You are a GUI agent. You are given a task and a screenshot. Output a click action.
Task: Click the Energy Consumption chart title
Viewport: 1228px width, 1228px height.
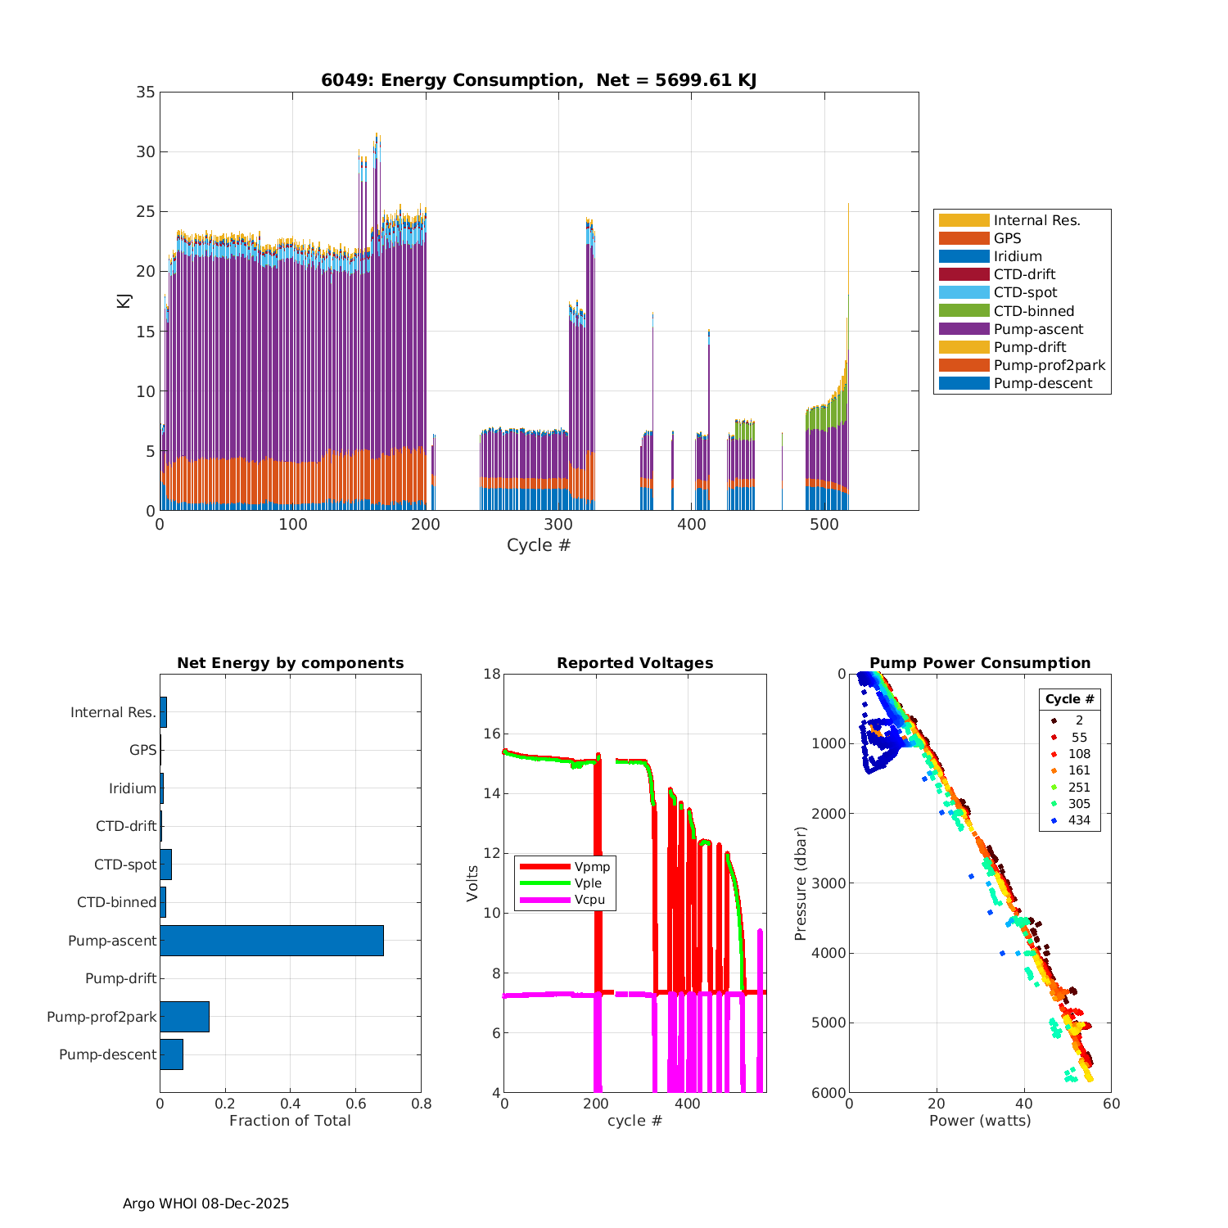(539, 80)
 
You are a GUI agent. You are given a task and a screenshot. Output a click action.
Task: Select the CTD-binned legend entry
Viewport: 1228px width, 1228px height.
(1033, 311)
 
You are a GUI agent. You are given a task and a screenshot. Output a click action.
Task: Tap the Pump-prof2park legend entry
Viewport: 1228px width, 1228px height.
(1049, 365)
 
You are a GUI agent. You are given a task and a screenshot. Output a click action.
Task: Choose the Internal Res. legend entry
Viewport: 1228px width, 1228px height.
(1036, 220)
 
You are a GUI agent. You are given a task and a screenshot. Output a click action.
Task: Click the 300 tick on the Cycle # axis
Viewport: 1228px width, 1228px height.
(558, 525)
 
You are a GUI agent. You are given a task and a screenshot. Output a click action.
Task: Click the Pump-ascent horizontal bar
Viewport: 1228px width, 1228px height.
(272, 941)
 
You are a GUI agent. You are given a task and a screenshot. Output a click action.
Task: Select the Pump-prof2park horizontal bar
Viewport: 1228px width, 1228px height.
(184, 1017)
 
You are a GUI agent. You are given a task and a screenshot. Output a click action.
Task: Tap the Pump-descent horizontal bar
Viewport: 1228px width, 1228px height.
(171, 1054)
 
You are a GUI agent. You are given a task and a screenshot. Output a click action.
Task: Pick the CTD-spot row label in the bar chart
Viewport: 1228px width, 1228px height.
(125, 865)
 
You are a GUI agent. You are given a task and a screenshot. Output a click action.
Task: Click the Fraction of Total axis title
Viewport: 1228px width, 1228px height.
(290, 1121)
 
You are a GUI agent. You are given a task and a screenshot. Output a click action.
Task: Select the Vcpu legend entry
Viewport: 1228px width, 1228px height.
(589, 900)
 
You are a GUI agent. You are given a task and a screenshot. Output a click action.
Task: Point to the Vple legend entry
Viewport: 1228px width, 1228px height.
(588, 883)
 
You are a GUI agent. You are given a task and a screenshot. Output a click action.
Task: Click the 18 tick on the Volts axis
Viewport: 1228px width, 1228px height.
(492, 675)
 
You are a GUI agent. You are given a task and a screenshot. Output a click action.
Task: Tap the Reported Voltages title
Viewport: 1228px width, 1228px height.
(634, 663)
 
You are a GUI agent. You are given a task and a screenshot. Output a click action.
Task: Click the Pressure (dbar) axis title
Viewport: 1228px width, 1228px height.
(801, 883)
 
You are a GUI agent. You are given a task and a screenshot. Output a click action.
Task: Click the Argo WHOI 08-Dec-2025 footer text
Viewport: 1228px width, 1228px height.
(205, 1203)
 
